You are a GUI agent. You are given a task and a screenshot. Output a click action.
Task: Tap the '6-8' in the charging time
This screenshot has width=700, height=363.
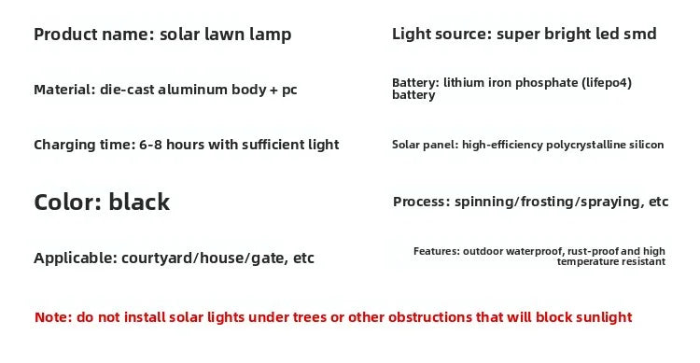(152, 145)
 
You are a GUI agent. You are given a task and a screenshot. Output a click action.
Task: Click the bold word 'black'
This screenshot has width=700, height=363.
(139, 202)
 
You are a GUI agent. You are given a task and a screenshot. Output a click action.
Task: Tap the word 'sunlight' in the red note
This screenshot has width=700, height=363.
(601, 317)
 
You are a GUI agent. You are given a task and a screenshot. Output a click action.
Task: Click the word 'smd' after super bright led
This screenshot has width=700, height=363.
(640, 35)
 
